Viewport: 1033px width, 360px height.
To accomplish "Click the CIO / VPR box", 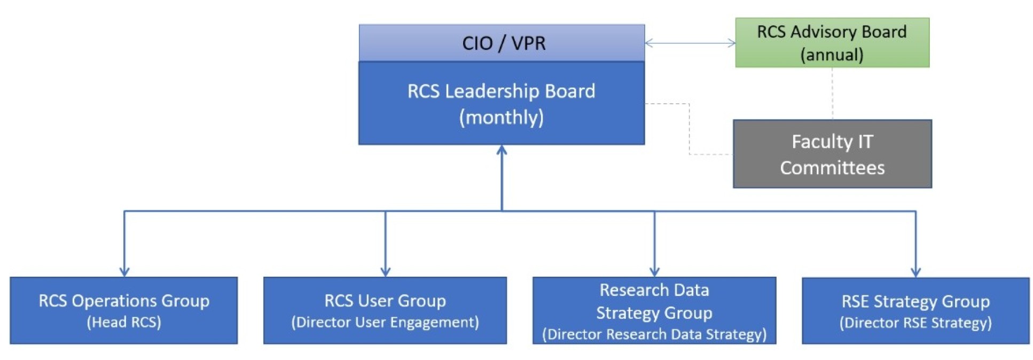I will tap(501, 43).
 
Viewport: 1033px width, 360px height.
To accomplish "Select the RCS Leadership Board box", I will tap(501, 103).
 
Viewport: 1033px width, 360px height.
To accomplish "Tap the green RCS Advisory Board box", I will tap(832, 43).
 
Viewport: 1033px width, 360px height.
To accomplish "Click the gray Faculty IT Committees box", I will tap(832, 154).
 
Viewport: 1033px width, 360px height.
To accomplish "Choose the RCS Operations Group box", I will tap(123, 310).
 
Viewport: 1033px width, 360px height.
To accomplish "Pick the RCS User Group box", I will tap(385, 310).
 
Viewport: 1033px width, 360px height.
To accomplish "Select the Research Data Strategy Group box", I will tap(654, 310).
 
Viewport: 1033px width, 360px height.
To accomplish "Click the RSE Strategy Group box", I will tap(915, 310).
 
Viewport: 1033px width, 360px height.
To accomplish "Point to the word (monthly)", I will tap(501, 117).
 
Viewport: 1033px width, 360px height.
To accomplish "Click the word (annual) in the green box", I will tap(832, 54).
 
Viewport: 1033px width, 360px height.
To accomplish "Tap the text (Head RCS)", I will tap(123, 322).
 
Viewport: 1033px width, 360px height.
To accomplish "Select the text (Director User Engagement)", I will tap(385, 322).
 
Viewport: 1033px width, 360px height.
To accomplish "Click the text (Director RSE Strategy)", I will tap(915, 323).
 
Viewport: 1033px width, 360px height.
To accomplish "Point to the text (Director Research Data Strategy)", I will tap(654, 334).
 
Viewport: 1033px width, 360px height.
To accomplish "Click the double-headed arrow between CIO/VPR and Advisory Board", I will tap(690, 43).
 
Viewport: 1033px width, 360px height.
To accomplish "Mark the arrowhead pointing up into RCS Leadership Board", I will tap(501, 150).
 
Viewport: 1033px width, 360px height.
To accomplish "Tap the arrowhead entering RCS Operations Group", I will tap(124, 271).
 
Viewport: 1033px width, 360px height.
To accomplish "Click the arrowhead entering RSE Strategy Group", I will tap(915, 271).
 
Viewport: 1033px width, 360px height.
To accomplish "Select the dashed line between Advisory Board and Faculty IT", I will tap(832, 93).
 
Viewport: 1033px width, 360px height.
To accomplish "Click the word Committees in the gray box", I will tap(832, 168).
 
